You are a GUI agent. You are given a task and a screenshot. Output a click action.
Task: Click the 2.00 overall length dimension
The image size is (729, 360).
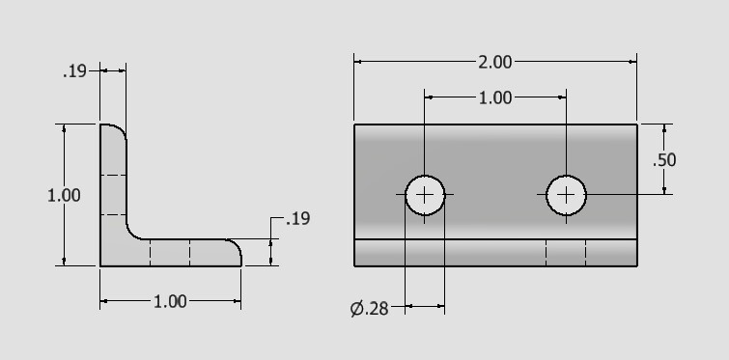coord(495,62)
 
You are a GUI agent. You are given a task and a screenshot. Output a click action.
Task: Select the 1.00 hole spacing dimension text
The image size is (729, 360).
coord(495,98)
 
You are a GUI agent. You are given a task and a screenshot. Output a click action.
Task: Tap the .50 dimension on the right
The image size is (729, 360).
coord(664,160)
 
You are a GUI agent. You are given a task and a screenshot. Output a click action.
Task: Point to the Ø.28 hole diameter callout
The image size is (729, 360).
coord(369,308)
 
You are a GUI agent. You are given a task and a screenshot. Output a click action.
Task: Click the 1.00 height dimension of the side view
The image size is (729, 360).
coord(64,195)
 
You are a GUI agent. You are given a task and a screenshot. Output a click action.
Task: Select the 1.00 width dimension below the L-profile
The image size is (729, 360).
coord(170,302)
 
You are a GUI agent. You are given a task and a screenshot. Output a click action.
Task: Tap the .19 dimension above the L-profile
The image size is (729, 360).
coord(74,71)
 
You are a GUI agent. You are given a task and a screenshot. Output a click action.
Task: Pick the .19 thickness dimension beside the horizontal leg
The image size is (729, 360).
coord(298,219)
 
